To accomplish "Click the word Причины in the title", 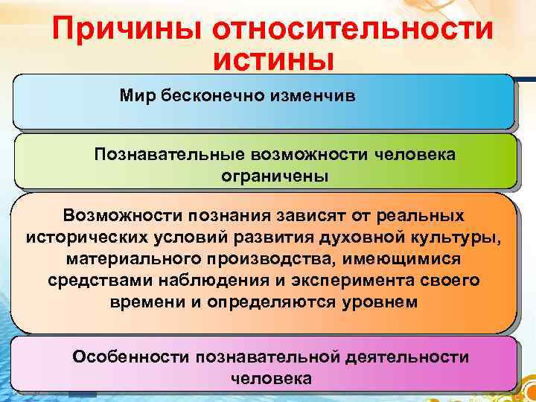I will pos(129,31).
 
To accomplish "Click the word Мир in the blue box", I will pos(135,96).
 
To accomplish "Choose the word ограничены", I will pos(275,176).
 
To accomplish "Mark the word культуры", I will pos(462,237).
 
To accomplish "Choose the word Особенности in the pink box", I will pos(130,357).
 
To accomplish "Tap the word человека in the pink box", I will pos(272,378).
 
